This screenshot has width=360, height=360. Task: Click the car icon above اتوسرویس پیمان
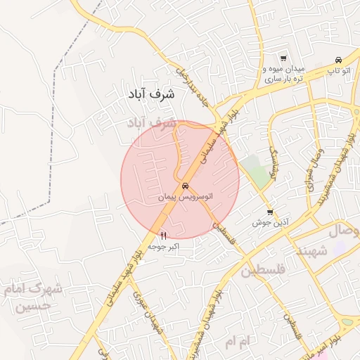click(x=184, y=187)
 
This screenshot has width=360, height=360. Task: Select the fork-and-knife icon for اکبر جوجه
click(x=165, y=236)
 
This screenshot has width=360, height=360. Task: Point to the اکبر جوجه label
click(x=165, y=247)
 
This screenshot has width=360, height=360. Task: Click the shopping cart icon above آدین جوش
click(x=270, y=212)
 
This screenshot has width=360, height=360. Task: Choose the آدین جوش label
click(x=267, y=223)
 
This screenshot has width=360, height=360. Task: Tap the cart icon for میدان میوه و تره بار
click(x=283, y=58)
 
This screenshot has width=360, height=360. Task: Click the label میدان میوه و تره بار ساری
click(x=283, y=75)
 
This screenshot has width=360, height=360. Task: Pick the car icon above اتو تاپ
click(x=339, y=59)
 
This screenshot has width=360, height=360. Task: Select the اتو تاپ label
click(x=338, y=71)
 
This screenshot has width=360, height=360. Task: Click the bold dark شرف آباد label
click(x=152, y=93)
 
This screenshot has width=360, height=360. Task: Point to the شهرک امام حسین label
click(x=32, y=297)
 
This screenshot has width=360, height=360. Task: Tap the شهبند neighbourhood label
click(x=312, y=251)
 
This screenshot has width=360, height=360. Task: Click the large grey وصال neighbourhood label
click(x=345, y=231)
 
